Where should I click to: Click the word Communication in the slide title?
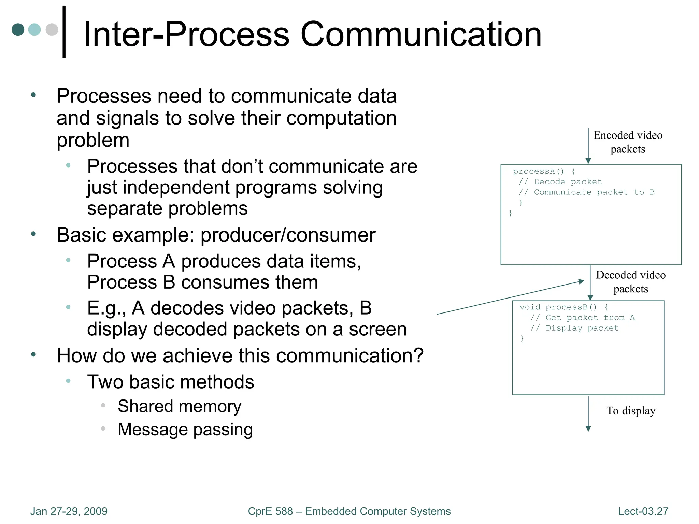420,34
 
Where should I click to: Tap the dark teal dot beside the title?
18,30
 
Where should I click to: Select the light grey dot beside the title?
52,30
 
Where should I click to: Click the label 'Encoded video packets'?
628,142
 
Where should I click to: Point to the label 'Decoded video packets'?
630,282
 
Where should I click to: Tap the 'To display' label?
630,411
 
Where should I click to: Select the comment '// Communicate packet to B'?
586,192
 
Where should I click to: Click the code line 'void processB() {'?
563,307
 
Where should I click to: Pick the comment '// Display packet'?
574,328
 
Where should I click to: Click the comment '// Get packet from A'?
582,318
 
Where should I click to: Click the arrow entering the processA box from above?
588,146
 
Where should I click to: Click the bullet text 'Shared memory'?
180,406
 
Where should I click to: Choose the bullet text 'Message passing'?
185,430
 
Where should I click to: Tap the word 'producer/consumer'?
288,235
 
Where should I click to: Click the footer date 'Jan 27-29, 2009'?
69,511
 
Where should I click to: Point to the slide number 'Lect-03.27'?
643,511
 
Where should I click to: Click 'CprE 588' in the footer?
270,511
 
